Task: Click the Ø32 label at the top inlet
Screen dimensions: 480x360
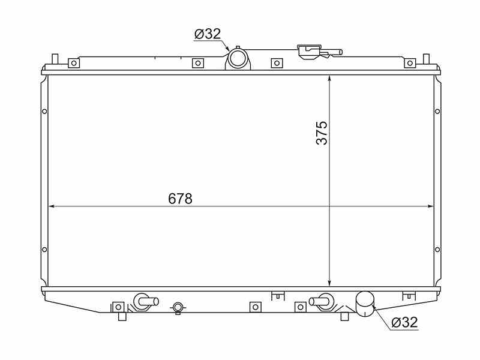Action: (207, 34)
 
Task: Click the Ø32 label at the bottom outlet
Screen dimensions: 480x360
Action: (404, 322)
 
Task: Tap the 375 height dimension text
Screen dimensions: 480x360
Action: (322, 133)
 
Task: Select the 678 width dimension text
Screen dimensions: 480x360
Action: (181, 199)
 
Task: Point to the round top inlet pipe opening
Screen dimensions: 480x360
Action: (238, 59)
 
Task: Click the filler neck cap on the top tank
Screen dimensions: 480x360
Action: (310, 51)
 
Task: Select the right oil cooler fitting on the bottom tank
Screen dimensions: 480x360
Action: (321, 301)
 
